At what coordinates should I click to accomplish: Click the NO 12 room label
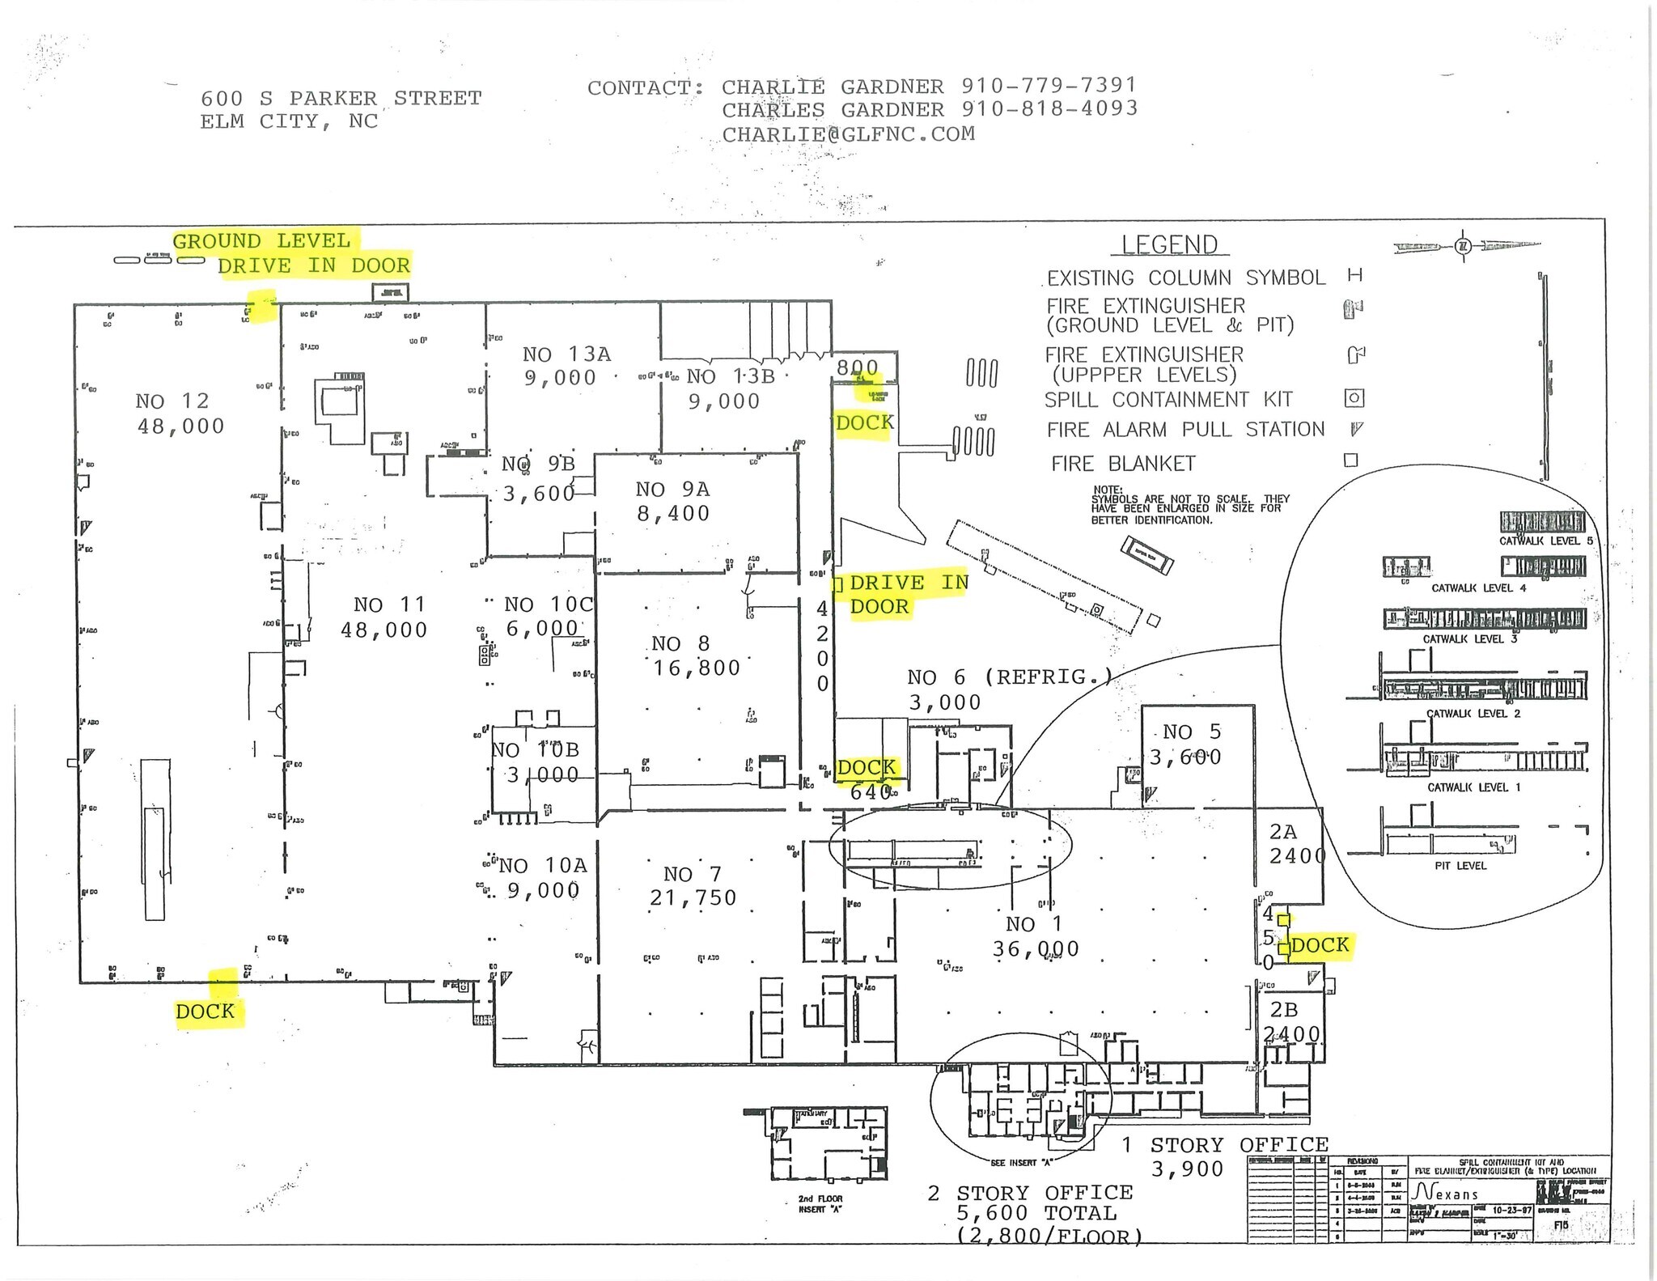point(172,401)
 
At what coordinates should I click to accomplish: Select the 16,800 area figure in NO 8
point(697,668)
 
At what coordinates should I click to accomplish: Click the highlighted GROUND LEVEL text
point(261,241)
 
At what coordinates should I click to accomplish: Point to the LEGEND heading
point(1169,244)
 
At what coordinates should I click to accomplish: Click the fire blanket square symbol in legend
point(1350,460)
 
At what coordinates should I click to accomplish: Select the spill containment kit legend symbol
point(1354,398)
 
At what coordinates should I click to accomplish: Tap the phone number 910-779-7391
point(1049,85)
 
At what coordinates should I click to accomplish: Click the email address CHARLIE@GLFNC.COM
point(848,134)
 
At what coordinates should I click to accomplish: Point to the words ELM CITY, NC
point(289,121)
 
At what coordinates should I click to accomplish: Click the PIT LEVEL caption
point(1460,866)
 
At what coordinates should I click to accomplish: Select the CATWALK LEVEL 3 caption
point(1470,639)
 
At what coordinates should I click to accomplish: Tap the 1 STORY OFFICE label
point(1239,1145)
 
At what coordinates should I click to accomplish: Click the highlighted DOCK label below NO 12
point(206,1011)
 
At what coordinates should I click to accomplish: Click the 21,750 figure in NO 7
point(693,897)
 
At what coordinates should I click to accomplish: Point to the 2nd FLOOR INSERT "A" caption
point(820,1204)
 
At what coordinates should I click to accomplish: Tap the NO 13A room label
point(566,354)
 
